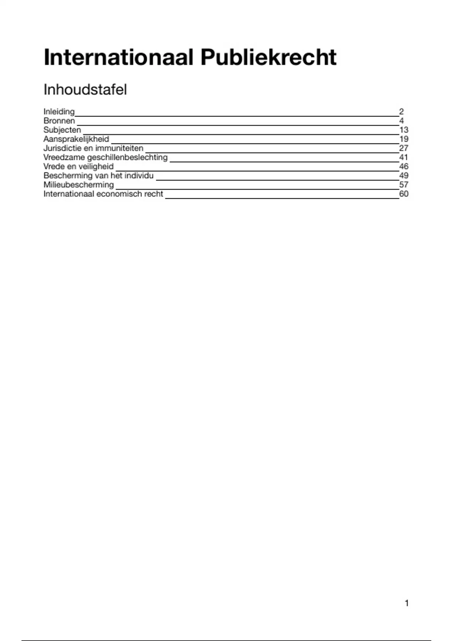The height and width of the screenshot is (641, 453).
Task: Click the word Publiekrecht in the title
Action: coord(268,58)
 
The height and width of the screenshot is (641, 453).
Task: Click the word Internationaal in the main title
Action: coord(119,58)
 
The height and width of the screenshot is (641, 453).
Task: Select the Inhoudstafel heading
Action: coord(85,90)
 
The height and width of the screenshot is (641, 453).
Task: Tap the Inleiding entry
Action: coord(59,112)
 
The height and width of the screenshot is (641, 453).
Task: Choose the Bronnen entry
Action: coord(59,121)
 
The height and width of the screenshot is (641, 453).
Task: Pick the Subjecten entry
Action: coord(62,130)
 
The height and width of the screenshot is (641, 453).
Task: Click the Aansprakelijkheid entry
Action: coord(76,139)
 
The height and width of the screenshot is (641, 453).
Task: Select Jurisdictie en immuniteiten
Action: coord(93,148)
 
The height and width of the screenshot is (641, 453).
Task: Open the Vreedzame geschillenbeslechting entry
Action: coord(105,157)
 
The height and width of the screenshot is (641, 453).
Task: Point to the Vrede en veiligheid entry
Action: coord(79,166)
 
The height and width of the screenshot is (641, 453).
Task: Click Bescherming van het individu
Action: coord(99,175)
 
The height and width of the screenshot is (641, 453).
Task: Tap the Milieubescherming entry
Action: coord(79,185)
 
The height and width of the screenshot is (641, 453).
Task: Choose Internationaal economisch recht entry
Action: coord(103,194)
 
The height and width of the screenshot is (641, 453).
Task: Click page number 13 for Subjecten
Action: coord(404,130)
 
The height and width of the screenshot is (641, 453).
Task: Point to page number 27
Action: coord(404,148)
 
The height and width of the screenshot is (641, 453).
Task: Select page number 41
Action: coord(404,157)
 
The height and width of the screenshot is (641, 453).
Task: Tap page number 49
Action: coord(404,175)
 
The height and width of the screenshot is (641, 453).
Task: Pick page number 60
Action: coord(404,194)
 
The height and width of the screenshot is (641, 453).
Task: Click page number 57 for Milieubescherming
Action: coord(404,185)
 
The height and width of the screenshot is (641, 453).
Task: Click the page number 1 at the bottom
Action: coord(407,603)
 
